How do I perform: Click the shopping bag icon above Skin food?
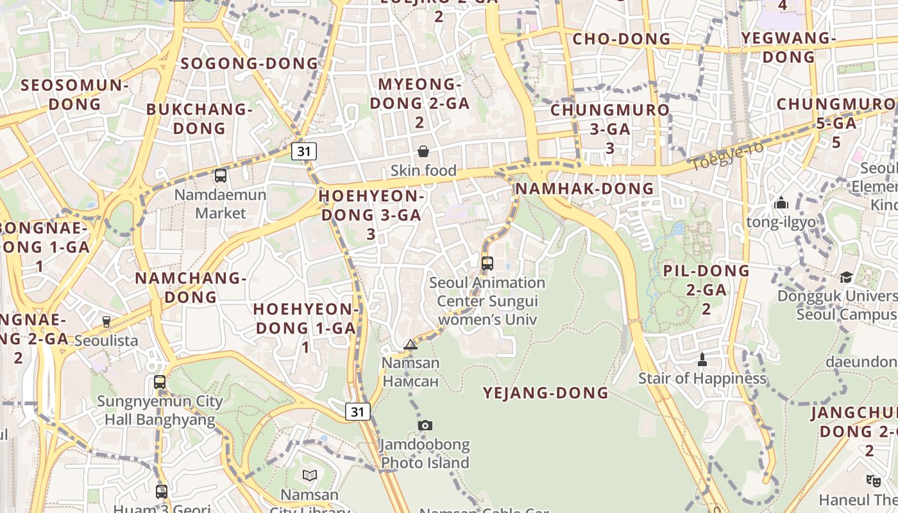coord(423,151)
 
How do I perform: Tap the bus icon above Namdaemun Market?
coord(221,175)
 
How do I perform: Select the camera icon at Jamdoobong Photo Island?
coord(425,425)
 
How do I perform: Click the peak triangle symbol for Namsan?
coord(411,345)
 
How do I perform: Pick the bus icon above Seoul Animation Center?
coord(487,263)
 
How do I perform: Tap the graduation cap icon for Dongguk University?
coord(847,277)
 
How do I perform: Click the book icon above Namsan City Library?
coord(310,475)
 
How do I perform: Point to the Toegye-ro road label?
coord(718,156)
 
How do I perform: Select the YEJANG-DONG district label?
coord(545,392)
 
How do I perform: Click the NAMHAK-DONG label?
coord(584,189)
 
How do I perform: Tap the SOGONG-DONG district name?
coord(250,63)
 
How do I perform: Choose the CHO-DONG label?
coord(621,39)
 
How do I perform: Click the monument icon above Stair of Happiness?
coord(702,359)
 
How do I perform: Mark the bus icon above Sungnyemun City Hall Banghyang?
coord(160,382)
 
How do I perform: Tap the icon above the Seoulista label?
coord(106,321)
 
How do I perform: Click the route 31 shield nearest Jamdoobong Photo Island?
coord(358,411)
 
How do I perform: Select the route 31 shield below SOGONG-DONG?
coord(304,151)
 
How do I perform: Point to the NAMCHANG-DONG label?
coord(191,287)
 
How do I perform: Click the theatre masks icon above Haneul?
coord(873,480)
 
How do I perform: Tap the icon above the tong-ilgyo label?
coord(781,203)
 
